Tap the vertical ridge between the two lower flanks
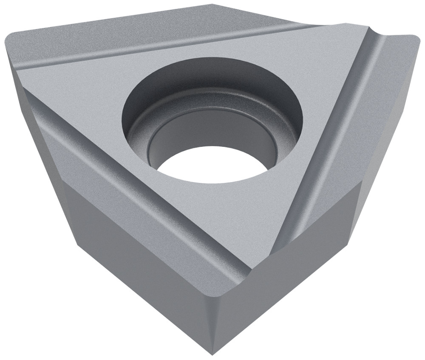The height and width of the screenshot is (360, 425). pos(211,314)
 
